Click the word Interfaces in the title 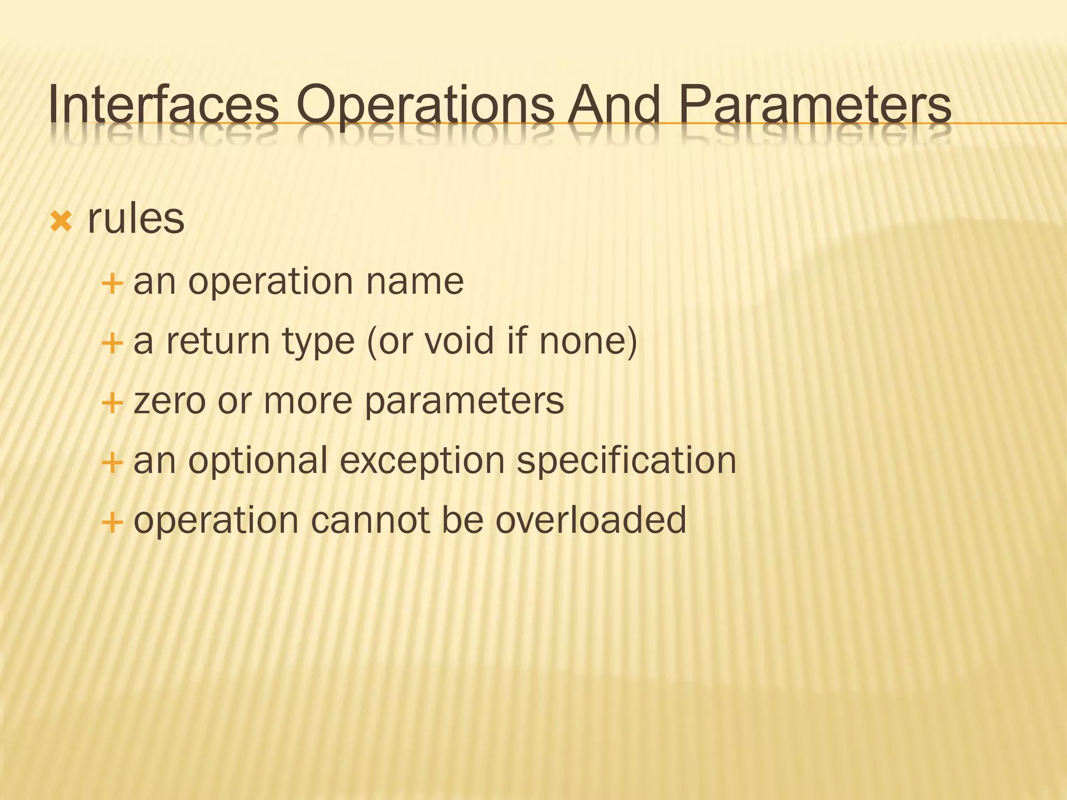point(163,106)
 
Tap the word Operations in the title point(425,106)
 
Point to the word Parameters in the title point(815,106)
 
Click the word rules point(136,219)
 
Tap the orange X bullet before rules point(61,222)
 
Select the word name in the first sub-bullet point(414,282)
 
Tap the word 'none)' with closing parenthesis point(588,342)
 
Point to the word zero point(170,402)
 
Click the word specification point(626,461)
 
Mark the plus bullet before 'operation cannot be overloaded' point(113,521)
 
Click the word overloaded point(591,521)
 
